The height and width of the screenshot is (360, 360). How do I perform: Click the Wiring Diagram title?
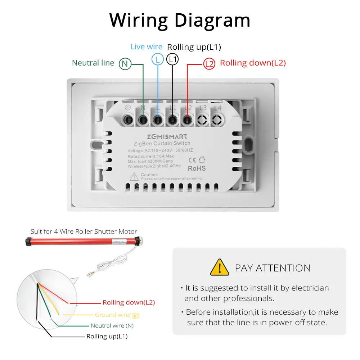point(180,20)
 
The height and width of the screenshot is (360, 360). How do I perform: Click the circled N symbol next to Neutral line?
point(125,64)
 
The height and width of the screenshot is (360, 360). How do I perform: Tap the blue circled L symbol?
point(158,59)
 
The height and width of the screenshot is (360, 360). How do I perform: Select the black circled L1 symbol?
point(173,59)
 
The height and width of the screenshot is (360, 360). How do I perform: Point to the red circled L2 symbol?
point(209,64)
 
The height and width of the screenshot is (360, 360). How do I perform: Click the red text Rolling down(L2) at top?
point(253,63)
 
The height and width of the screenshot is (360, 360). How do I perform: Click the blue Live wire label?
point(146,47)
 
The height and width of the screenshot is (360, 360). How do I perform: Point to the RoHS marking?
point(197,168)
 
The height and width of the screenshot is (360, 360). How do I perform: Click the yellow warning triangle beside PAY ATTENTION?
point(219,267)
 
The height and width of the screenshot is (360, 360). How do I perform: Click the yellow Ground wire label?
point(117,315)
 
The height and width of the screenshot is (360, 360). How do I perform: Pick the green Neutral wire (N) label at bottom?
point(112,326)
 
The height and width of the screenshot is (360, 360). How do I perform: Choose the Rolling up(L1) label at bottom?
point(107,337)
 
